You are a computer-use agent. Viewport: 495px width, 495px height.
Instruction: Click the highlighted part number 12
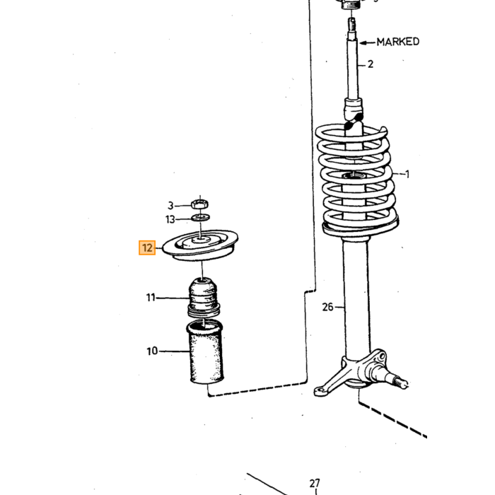(147, 248)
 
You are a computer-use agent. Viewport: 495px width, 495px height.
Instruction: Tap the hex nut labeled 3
(200, 204)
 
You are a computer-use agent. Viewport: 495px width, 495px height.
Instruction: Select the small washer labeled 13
(201, 217)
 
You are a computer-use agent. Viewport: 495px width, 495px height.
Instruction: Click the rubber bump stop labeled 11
(204, 298)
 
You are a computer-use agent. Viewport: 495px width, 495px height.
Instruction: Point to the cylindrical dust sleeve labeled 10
(206, 352)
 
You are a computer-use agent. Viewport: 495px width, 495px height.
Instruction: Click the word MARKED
(397, 42)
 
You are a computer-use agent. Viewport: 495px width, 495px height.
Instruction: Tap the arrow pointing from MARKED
(368, 42)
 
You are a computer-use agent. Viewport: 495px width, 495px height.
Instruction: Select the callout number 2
(371, 64)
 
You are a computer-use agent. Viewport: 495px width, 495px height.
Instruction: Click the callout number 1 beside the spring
(407, 174)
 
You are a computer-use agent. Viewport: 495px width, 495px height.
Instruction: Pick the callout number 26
(327, 307)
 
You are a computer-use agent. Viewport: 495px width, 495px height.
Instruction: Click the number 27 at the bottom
(315, 483)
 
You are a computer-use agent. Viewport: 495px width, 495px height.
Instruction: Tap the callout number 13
(170, 219)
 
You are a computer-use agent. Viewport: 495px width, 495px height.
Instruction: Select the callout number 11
(151, 298)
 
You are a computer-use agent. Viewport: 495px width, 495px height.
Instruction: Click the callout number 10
(152, 351)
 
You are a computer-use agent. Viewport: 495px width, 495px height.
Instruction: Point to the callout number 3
(170, 206)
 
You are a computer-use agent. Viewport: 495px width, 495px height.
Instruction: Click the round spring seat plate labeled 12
(200, 245)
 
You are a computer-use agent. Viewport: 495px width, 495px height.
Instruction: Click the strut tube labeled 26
(356, 297)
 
